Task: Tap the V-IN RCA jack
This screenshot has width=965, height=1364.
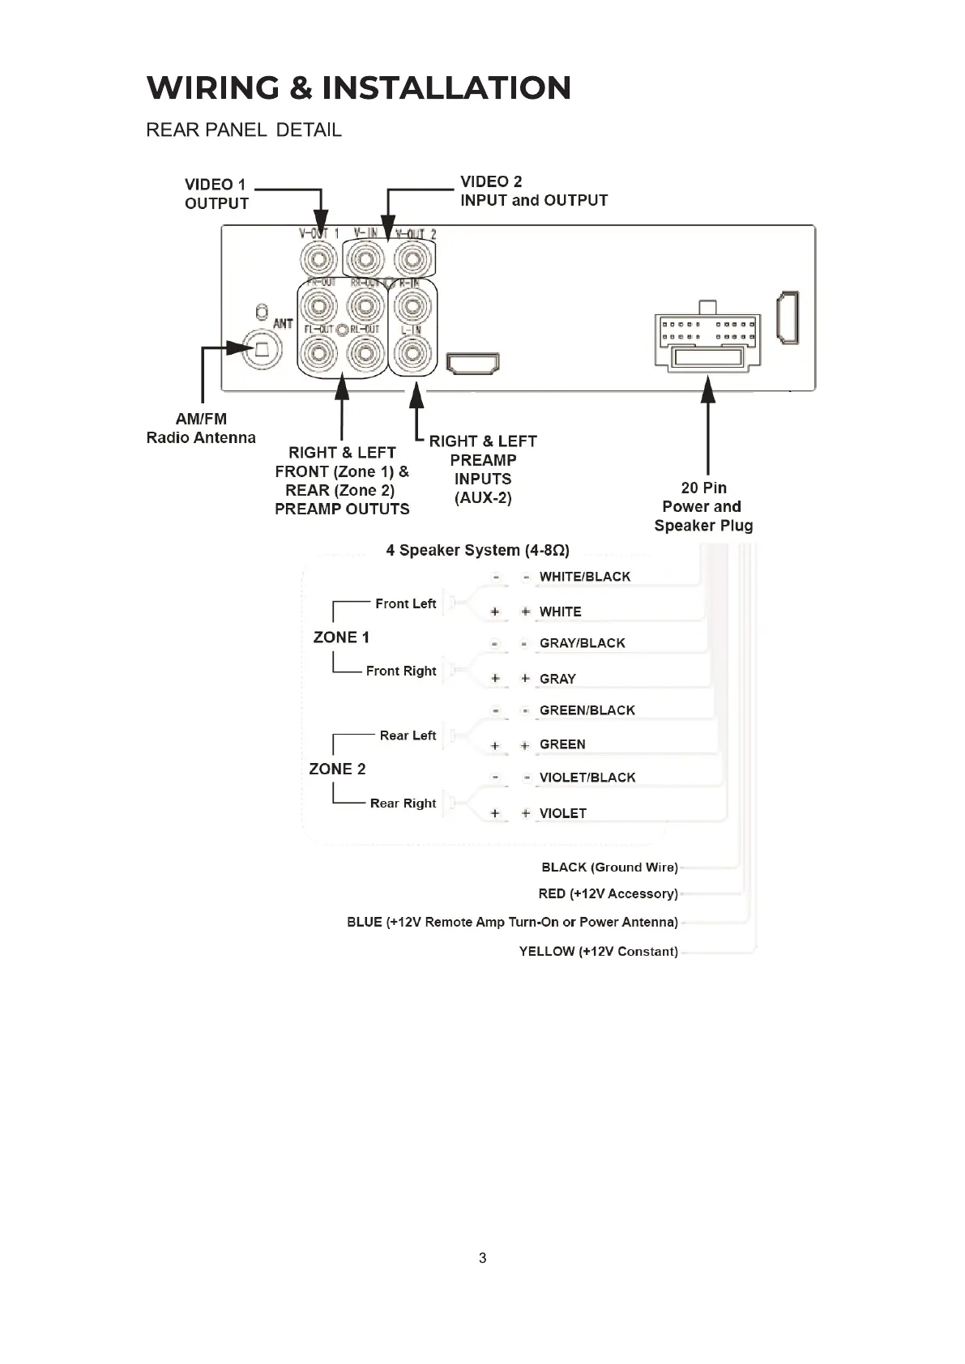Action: (365, 261)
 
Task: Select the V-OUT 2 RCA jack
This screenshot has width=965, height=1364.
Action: (413, 261)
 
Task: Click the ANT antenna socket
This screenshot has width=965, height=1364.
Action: (263, 349)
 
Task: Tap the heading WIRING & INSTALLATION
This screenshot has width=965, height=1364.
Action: (359, 87)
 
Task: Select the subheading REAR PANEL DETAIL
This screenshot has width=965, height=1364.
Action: (243, 130)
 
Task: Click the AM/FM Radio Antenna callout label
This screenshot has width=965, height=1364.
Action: (201, 428)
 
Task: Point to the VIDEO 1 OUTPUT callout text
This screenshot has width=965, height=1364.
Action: (216, 194)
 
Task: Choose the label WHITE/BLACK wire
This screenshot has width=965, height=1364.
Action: (584, 577)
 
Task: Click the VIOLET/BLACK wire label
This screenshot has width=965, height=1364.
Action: (587, 778)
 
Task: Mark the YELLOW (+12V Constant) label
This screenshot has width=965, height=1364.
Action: (598, 951)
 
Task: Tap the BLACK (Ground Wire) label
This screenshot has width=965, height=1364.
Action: (609, 867)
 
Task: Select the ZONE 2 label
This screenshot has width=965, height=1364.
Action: (337, 769)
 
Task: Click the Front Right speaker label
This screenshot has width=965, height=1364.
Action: (400, 671)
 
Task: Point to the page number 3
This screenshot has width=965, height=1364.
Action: (483, 1258)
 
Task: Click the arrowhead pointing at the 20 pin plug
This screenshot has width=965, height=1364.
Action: (708, 390)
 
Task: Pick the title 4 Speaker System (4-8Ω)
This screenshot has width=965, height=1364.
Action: (477, 550)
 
